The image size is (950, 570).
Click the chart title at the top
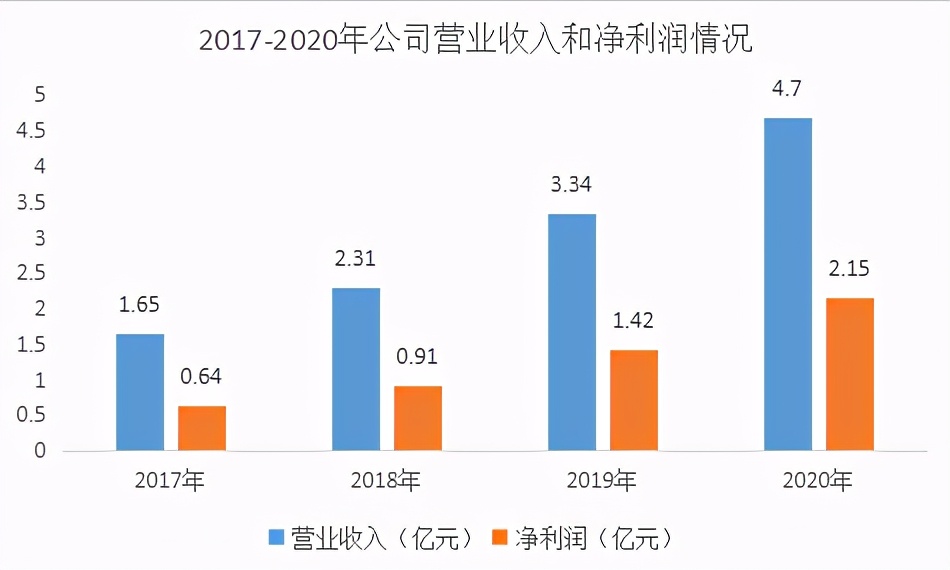click(x=475, y=39)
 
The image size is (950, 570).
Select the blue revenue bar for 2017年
click(x=140, y=392)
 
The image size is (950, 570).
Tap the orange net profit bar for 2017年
click(x=202, y=428)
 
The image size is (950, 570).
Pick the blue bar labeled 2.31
click(x=356, y=369)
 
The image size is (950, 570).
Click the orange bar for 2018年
click(x=418, y=418)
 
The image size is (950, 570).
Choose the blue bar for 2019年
click(x=572, y=332)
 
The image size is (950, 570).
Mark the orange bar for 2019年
click(x=634, y=400)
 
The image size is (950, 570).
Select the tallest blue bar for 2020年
click(x=788, y=284)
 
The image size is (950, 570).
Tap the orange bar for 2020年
click(x=850, y=374)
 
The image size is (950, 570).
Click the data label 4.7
click(x=787, y=89)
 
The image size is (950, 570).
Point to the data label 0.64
click(x=201, y=377)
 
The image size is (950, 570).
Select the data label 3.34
click(x=571, y=185)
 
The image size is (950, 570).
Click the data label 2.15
click(x=849, y=269)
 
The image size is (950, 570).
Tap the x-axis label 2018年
click(x=386, y=481)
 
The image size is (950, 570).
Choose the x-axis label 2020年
click(x=818, y=481)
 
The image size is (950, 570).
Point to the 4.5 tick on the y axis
click(x=33, y=131)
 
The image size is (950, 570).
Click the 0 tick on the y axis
click(x=40, y=451)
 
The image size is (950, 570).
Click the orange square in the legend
click(x=500, y=538)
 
